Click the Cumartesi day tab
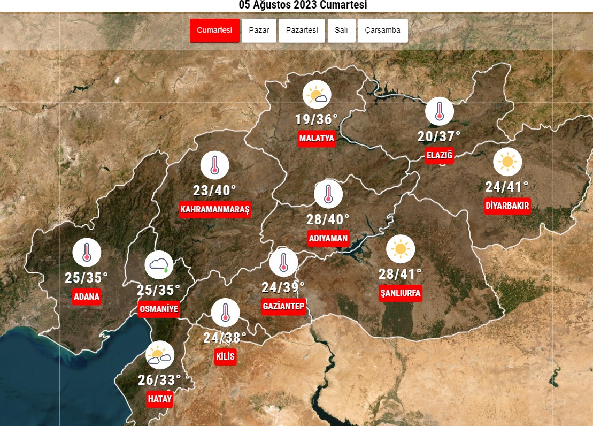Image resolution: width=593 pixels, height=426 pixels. pyautogui.click(x=214, y=31)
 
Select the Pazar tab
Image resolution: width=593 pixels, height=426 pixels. pyautogui.click(x=259, y=31)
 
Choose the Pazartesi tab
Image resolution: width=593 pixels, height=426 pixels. pyautogui.click(x=302, y=31)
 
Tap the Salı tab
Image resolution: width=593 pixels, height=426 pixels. pyautogui.click(x=341, y=31)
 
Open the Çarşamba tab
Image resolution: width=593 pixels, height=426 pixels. pyautogui.click(x=382, y=31)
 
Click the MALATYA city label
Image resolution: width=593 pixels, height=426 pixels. pyautogui.click(x=317, y=139)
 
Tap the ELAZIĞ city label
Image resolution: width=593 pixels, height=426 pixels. pyautogui.click(x=439, y=156)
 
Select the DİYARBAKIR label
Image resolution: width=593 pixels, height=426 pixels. pyautogui.click(x=507, y=206)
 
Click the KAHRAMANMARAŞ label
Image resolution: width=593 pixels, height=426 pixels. pyautogui.click(x=215, y=209)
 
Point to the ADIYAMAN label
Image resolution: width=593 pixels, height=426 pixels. pyautogui.click(x=328, y=238)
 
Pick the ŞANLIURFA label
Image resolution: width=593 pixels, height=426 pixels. pyautogui.click(x=400, y=293)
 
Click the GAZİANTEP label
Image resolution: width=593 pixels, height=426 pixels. pyautogui.click(x=283, y=306)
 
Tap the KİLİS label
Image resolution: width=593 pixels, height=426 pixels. pyautogui.click(x=225, y=357)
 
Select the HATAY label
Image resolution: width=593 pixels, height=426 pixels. pyautogui.click(x=160, y=399)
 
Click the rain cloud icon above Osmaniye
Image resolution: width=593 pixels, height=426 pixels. pyautogui.click(x=159, y=264)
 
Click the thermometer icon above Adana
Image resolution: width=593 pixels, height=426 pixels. pyautogui.click(x=87, y=253)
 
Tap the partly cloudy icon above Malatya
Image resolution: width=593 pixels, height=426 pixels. pyautogui.click(x=317, y=95)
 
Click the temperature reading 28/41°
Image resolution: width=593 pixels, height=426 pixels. pyautogui.click(x=400, y=275)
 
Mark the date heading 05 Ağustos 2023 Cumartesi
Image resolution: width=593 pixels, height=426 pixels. pyautogui.click(x=303, y=5)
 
